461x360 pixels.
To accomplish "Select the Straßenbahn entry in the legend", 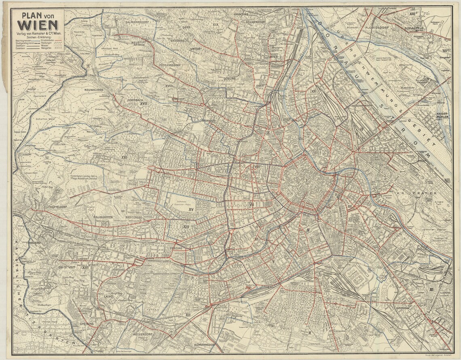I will click(47, 40).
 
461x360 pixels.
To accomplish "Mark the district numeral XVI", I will click(124, 156).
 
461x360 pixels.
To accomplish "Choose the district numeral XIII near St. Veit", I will click(85, 267).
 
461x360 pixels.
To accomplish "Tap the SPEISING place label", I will click(87, 324).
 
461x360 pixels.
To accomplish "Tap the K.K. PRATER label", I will click(412, 193).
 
